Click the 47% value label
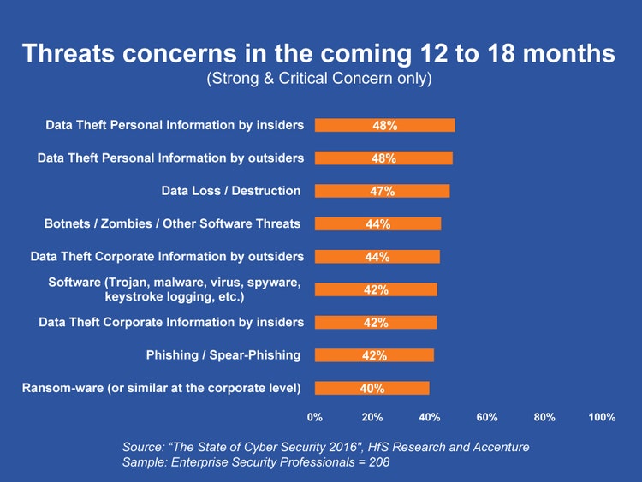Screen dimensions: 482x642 point(382,191)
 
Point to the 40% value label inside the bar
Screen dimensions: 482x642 point(372,388)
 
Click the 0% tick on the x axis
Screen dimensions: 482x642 point(315,417)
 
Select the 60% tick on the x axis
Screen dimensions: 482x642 point(487,417)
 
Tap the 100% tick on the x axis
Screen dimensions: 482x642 point(603,417)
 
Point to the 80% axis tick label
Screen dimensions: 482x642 point(544,417)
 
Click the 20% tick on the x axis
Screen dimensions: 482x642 point(372,417)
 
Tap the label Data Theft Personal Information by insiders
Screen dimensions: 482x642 point(175,125)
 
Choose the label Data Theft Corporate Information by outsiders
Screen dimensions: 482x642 point(167,257)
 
